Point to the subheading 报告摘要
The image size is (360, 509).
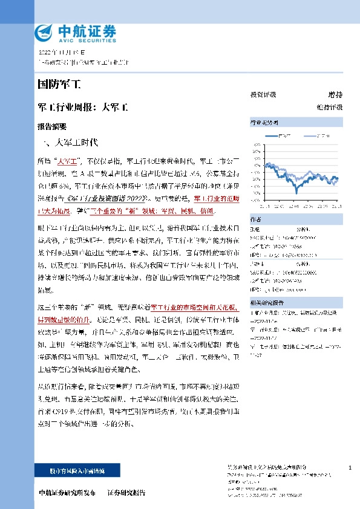[x=52, y=127]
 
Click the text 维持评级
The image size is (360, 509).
[x=330, y=107]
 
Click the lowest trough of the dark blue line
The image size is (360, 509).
[x=296, y=192]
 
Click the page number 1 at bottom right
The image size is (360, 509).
[x=350, y=468]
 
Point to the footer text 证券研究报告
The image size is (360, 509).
[x=126, y=493]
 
